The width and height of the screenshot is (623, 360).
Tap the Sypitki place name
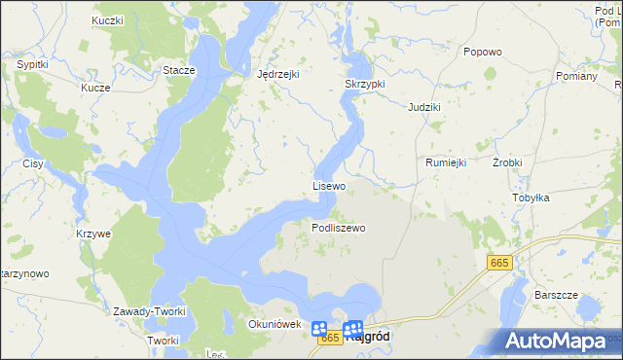[x=33, y=64]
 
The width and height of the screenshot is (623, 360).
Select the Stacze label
[x=179, y=70]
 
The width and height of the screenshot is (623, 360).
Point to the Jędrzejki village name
[x=277, y=74]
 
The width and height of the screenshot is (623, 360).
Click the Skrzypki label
[x=365, y=85]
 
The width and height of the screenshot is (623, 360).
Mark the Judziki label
[x=424, y=106]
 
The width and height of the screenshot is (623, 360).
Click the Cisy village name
[x=34, y=163]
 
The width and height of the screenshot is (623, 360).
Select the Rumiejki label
[x=447, y=162]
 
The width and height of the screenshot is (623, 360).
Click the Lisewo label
[x=329, y=185]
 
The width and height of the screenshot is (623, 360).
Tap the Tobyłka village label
[x=531, y=198]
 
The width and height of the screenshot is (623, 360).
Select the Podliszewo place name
[x=338, y=228]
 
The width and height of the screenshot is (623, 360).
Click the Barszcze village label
[x=557, y=294]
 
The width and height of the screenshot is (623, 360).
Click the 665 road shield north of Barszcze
[x=499, y=263]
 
